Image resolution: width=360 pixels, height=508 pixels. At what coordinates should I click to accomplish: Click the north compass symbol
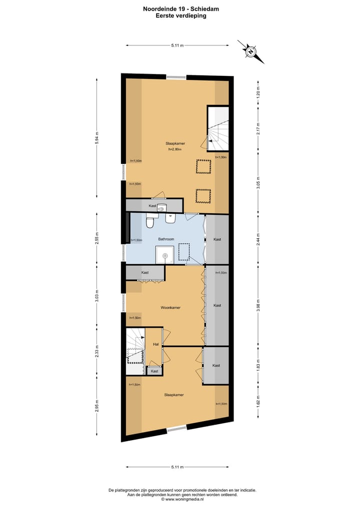coord(250,51)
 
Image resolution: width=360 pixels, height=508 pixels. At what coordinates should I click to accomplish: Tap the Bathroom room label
coord(166,239)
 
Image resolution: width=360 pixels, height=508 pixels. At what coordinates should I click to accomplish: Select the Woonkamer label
coord(170,308)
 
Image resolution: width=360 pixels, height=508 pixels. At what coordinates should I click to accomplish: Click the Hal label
coord(155,344)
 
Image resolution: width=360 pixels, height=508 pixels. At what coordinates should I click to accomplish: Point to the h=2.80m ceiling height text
coord(174,149)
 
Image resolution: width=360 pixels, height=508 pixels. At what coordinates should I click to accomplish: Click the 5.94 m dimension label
coord(97,137)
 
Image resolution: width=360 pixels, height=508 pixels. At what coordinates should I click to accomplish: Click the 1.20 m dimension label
coord(258,93)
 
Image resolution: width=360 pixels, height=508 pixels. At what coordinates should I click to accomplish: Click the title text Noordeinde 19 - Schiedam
coord(180,8)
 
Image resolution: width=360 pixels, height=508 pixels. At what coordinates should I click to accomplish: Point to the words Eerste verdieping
coord(180,15)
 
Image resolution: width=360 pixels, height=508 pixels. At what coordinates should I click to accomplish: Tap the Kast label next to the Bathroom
coord(217,239)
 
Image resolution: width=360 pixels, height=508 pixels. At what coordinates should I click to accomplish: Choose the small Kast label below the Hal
coord(154,371)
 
